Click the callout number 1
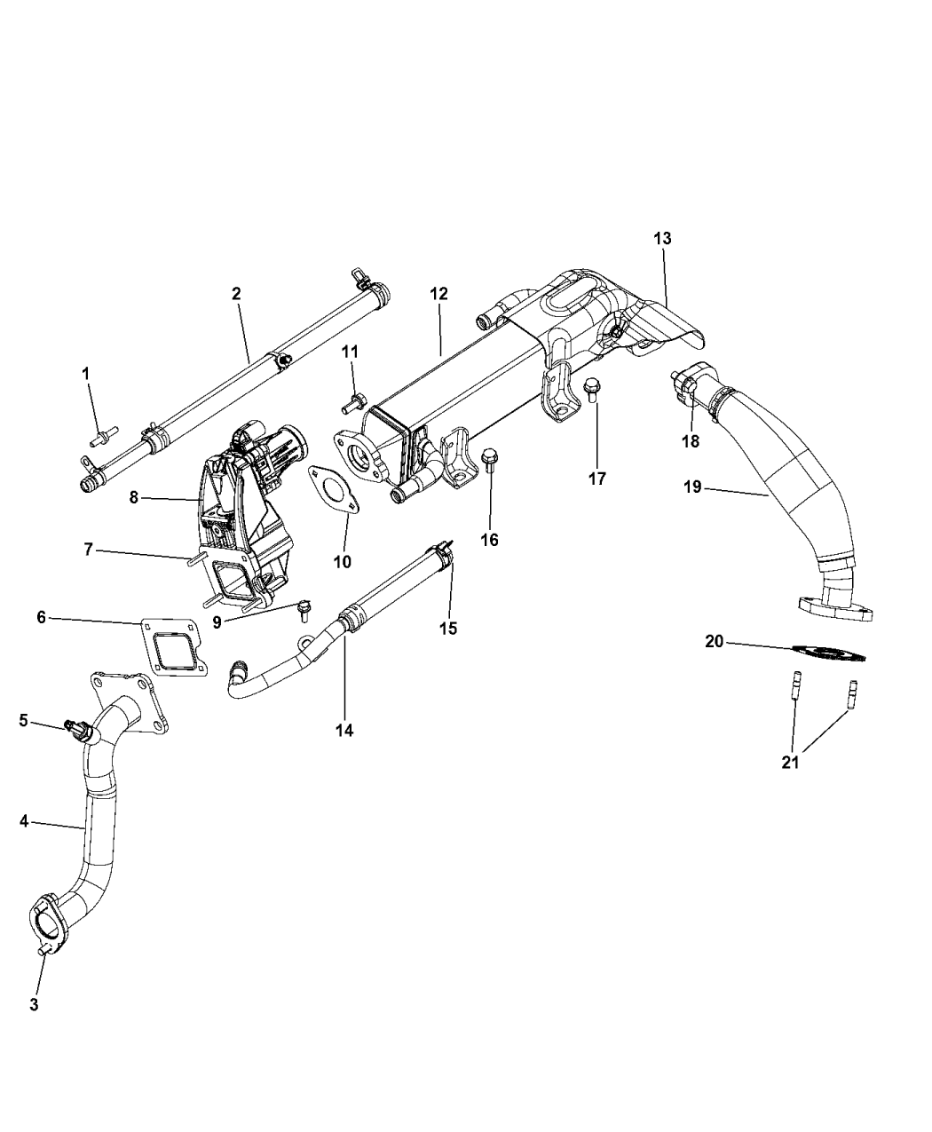[86, 374]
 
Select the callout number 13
[662, 239]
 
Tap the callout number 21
[790, 762]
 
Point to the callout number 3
[34, 1005]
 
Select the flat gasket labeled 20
[825, 653]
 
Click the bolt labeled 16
[489, 459]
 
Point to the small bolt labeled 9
[304, 607]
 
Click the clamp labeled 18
[692, 397]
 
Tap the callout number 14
[344, 730]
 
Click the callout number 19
[692, 486]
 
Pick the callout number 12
[440, 293]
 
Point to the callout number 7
[88, 550]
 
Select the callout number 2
[236, 293]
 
